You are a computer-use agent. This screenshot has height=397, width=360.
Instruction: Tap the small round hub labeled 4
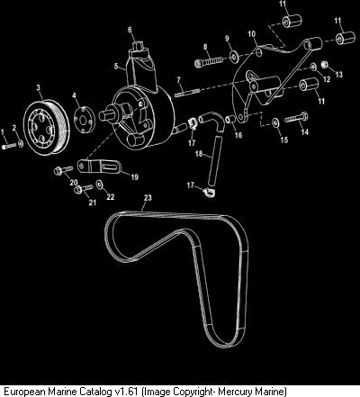coord(85,119)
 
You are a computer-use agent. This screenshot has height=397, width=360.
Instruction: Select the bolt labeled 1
coord(9,146)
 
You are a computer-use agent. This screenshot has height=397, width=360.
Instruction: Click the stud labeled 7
coord(187,92)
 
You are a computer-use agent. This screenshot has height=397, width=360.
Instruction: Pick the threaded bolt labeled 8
coord(210,61)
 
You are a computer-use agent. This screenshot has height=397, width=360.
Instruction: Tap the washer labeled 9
coord(234,57)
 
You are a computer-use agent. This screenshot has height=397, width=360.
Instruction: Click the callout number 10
coord(251,34)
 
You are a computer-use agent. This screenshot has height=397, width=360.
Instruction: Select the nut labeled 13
coord(324,65)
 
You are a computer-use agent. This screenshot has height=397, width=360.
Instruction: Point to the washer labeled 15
coord(275,122)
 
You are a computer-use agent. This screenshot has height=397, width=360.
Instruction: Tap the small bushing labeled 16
coord(230,120)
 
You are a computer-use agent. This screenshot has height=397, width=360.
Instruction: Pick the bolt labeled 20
coord(63,170)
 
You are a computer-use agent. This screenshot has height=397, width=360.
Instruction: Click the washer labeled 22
coord(99,185)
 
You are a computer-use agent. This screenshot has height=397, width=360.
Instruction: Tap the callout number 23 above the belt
coord(148,198)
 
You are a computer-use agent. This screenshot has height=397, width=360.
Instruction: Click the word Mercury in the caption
coord(236,392)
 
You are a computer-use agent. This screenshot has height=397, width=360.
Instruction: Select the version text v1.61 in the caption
coord(126,392)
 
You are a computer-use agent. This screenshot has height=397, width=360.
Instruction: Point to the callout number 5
coord(116,66)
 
